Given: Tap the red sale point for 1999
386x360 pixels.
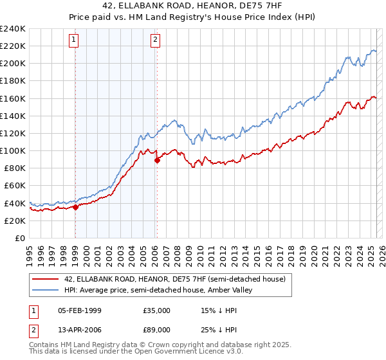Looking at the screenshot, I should point(75,207).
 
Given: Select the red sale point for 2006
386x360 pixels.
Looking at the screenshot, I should point(157,161).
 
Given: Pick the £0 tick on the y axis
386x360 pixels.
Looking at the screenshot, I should point(20,238).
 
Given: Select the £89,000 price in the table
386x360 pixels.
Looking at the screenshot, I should point(156,331).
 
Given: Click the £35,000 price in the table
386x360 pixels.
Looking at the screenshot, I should point(156,310).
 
